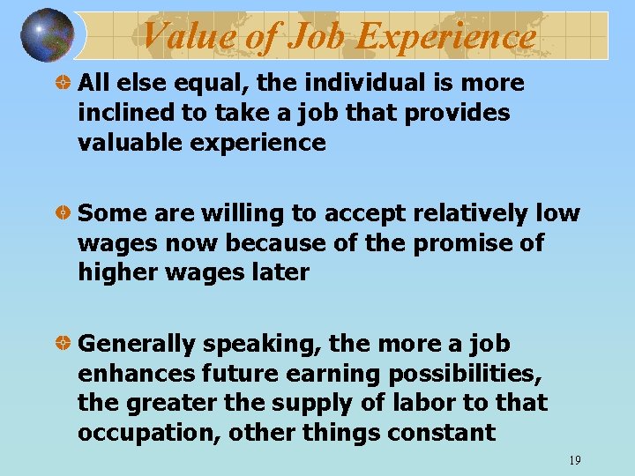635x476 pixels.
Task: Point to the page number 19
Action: point(574,460)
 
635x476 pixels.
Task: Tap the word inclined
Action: point(118,114)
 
